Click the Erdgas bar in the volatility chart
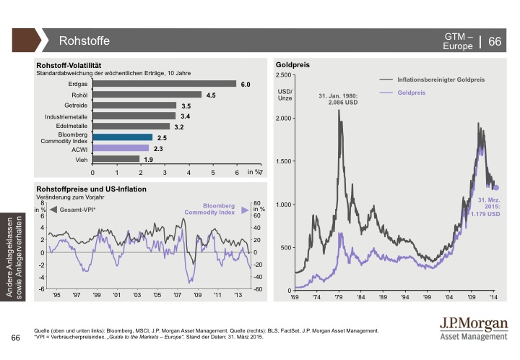(x=165, y=84)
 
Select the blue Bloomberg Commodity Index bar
(x=123, y=137)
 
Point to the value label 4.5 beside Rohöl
(x=211, y=95)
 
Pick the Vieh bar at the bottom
(x=116, y=159)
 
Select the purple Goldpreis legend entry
(x=411, y=93)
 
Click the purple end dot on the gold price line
(x=495, y=188)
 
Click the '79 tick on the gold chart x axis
(x=339, y=297)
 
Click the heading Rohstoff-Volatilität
(x=72, y=65)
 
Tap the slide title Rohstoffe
(x=83, y=40)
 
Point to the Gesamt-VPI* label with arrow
(x=72, y=209)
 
